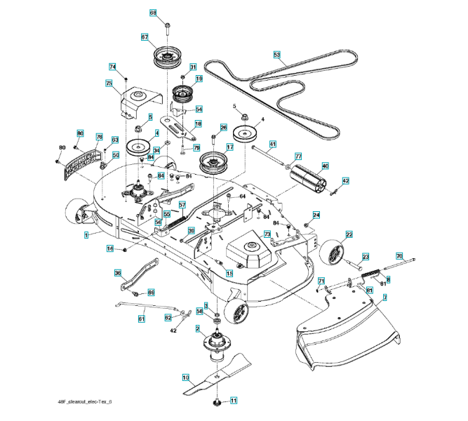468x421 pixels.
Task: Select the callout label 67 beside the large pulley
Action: (145, 37)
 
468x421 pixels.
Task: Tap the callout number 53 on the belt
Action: (276, 54)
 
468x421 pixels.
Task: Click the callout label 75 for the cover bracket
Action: (109, 83)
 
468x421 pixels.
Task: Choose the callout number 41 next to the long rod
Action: (273, 144)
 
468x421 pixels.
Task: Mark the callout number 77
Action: (297, 156)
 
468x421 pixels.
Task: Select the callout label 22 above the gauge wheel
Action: (349, 234)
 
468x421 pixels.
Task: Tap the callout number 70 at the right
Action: (399, 256)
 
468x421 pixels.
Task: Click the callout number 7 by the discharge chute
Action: (384, 298)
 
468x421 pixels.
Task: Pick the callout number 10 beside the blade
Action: (186, 377)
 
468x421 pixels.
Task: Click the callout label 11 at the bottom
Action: (234, 401)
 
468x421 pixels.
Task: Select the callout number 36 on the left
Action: (118, 273)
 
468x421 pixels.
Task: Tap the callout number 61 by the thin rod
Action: (141, 319)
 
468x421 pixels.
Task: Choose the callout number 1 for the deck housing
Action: (86, 235)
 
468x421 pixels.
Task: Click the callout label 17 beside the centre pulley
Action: (229, 147)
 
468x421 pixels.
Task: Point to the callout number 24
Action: (316, 215)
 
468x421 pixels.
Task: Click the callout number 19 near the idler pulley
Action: (199, 79)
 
